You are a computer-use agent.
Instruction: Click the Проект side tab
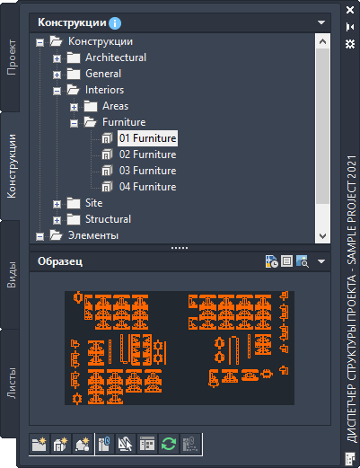[x=12, y=57]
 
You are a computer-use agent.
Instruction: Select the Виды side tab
[x=12, y=275]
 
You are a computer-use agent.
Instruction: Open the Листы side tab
[x=12, y=383]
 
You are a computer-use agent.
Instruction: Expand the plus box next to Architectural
[x=57, y=58]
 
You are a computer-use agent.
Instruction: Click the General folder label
[x=103, y=74]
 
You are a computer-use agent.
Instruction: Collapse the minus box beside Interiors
[x=57, y=91]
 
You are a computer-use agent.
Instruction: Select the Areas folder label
[x=115, y=106]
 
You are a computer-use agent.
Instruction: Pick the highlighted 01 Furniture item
[x=147, y=138]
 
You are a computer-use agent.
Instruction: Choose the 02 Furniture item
[x=147, y=155]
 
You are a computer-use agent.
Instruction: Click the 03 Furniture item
[x=147, y=171]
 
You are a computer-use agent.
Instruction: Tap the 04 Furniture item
[x=147, y=187]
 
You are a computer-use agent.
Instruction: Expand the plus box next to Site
[x=57, y=204]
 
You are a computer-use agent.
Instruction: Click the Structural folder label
[x=108, y=219]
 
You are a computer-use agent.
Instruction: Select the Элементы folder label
[x=93, y=235]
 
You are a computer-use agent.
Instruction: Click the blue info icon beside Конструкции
[x=115, y=23]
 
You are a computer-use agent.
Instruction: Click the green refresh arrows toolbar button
[x=169, y=444]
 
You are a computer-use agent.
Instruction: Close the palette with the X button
[x=350, y=10]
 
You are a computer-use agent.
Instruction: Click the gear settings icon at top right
[x=350, y=44]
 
